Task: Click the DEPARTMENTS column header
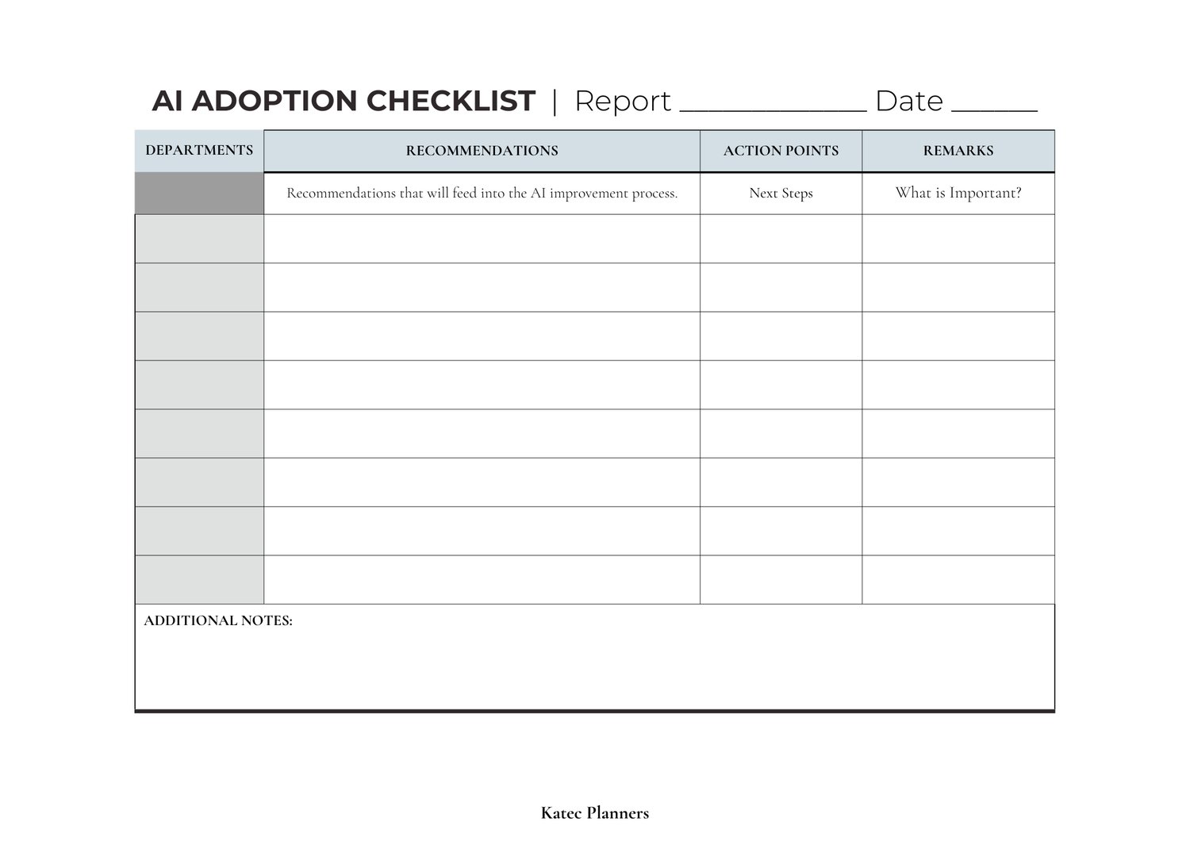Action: [199, 150]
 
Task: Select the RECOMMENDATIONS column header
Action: [482, 151]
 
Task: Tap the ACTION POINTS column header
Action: [781, 151]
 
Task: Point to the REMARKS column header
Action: [958, 151]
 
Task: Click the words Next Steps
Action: [781, 193]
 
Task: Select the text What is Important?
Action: [958, 193]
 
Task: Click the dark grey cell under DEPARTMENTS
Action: [199, 194]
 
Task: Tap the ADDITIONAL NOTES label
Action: [218, 620]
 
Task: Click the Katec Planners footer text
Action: [594, 812]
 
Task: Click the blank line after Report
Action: [773, 107]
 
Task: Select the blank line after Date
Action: [994, 107]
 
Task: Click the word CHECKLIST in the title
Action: [451, 101]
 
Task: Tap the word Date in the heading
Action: [909, 101]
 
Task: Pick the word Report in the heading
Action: [623, 102]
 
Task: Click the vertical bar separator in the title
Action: [555, 101]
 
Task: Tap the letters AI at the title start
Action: [167, 101]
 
